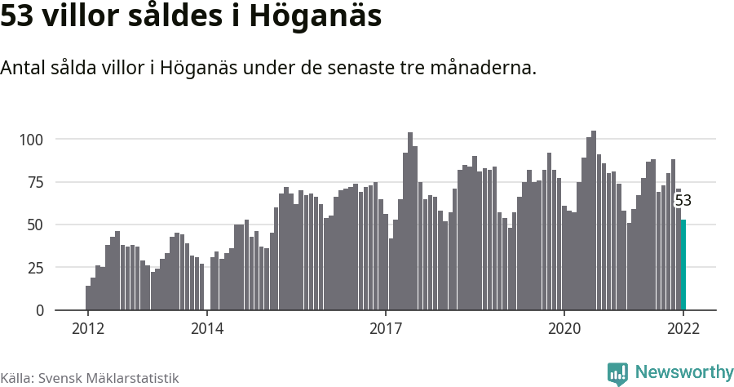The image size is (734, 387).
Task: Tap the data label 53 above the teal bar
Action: [683, 201]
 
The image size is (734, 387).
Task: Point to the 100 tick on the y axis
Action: [31, 140]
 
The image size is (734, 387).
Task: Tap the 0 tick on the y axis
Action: [38, 311]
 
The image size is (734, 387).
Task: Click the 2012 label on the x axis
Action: [87, 328]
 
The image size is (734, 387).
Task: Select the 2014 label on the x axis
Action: [207, 328]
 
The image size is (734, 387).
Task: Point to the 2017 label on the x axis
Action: [386, 328]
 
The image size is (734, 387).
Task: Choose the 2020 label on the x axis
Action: [564, 328]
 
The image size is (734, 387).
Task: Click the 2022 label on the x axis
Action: [683, 328]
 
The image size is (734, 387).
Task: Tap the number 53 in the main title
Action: [17, 17]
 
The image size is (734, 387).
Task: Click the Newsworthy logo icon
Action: [617, 373]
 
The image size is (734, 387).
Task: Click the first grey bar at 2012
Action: [88, 298]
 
